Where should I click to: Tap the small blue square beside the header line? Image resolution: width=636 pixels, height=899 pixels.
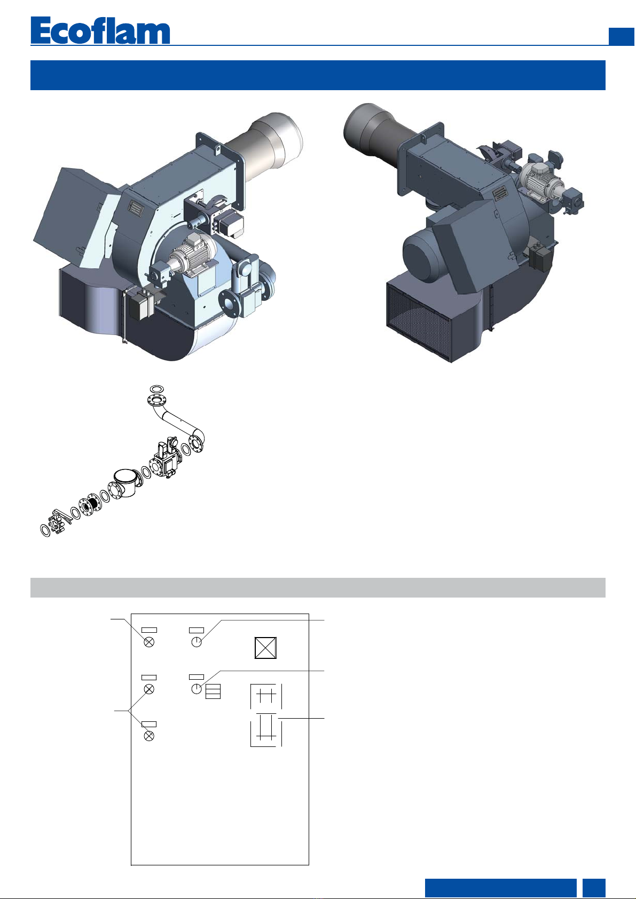pyautogui.click(x=621, y=36)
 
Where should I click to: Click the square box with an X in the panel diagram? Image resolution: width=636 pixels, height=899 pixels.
pyautogui.click(x=265, y=648)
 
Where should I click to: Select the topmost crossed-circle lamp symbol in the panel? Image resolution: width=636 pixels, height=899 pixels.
pyautogui.click(x=149, y=642)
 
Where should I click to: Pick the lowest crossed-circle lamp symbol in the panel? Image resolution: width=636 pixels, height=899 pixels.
pyautogui.click(x=149, y=736)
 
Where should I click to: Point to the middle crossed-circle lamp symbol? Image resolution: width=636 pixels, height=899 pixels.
pyautogui.click(x=149, y=689)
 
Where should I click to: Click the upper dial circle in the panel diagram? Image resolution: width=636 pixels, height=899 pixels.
pyautogui.click(x=197, y=642)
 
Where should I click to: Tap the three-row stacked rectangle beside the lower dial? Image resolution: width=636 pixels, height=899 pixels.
pyautogui.click(x=213, y=691)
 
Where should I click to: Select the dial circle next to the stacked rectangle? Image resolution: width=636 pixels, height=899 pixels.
pyautogui.click(x=197, y=689)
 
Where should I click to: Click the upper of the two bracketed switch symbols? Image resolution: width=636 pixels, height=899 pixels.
pyautogui.click(x=266, y=696)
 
